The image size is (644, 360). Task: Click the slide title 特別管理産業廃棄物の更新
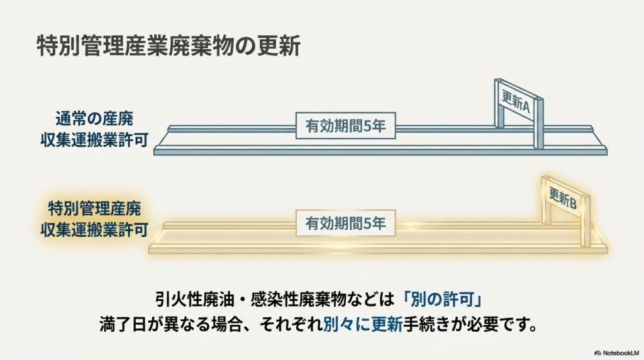click(169, 45)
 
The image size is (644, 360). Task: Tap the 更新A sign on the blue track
click(516, 101)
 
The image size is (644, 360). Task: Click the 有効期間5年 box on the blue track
click(345, 125)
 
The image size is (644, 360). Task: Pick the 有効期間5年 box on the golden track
click(345, 223)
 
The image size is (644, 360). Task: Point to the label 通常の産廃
click(94, 119)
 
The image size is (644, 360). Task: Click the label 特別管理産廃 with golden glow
click(94, 208)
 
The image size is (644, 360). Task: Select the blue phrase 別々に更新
click(363, 325)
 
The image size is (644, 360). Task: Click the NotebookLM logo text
click(617, 352)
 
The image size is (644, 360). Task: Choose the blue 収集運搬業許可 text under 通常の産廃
click(94, 140)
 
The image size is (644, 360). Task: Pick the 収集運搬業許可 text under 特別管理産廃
click(94, 230)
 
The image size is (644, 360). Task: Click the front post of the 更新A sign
click(538, 123)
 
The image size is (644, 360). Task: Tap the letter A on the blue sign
click(525, 107)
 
